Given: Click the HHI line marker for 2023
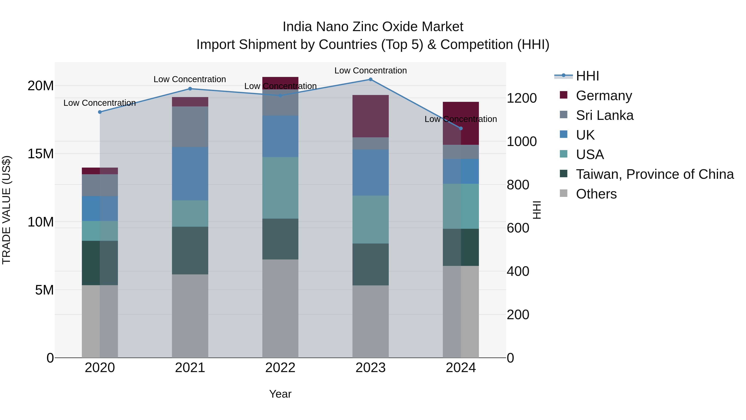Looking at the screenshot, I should coord(370,79).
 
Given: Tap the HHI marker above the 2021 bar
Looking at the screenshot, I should coord(190,89).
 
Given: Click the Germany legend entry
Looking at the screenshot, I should coord(604,96).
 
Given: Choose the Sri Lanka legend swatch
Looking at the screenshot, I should coord(564,115).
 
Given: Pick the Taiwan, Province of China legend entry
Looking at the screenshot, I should coord(654,174).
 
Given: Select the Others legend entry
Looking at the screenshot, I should coord(596,194).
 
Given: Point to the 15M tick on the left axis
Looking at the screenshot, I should coord(41,154).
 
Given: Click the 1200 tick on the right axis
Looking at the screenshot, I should coord(522,98).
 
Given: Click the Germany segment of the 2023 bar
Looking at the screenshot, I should coord(370,116).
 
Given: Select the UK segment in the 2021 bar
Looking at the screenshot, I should coord(190,173).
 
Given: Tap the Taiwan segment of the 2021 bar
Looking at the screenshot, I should coord(190,250).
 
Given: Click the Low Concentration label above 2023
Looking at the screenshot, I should coord(370,71).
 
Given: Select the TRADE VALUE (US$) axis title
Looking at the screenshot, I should coord(6,210).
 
